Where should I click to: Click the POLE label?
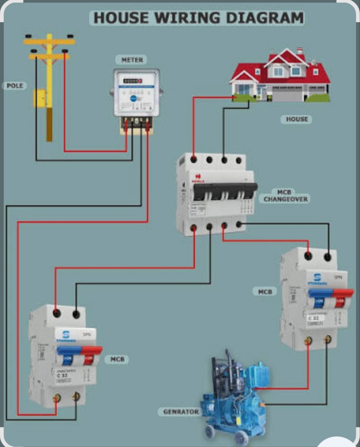[15, 86]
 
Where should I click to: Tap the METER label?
[132, 60]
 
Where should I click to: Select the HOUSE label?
[297, 119]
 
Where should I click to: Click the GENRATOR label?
[181, 412]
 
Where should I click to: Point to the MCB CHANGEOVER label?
[286, 196]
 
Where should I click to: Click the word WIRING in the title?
[187, 18]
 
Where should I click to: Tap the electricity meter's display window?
[133, 81]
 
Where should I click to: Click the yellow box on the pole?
[39, 98]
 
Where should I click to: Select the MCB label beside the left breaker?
[117, 360]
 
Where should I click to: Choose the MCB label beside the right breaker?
[265, 292]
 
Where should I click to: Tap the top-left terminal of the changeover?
[194, 159]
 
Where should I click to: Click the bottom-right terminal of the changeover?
[239, 224]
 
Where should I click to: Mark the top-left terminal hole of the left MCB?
[56, 314]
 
